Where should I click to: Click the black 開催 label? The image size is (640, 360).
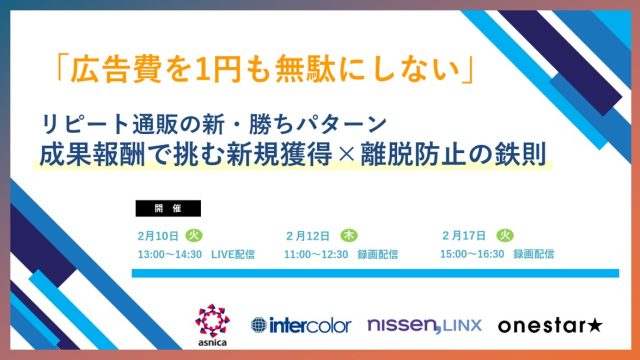coord(166,209)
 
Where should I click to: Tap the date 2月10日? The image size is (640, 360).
coord(158,236)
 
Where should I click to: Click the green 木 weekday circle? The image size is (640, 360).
coord(349,235)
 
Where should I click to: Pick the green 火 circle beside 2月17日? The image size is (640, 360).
coord(505,235)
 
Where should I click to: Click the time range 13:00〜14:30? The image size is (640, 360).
coord(169,254)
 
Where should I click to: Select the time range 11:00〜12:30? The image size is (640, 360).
coord(316,254)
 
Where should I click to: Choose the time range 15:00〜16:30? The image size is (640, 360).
coord(473,254)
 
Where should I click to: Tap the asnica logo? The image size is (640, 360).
coord(212,326)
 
